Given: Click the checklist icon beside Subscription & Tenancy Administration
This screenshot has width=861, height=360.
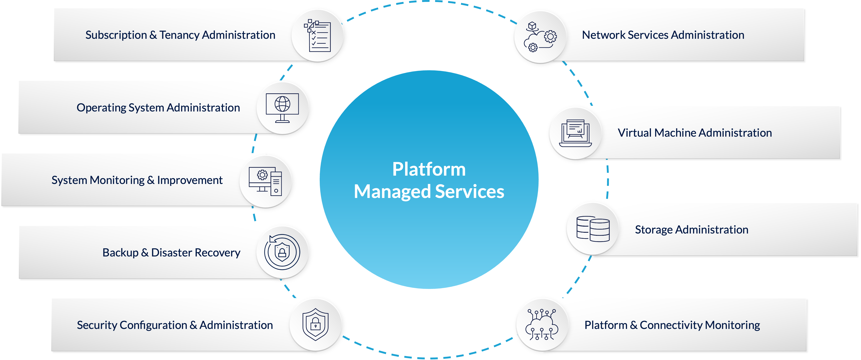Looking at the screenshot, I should click(317, 36).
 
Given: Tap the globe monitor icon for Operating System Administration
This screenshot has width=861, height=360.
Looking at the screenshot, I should click(283, 108).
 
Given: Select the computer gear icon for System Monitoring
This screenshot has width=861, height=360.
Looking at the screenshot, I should click(265, 181).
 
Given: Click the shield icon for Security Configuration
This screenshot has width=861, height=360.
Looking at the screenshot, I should click(315, 324).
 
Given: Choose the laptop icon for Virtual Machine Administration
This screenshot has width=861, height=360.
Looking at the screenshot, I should click(575, 133).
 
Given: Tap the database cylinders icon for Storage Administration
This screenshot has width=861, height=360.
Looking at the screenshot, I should click(593, 229).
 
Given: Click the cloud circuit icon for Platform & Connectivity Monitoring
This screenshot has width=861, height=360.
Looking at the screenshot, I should click(542, 324).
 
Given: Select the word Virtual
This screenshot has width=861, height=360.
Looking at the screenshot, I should click(634, 133).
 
